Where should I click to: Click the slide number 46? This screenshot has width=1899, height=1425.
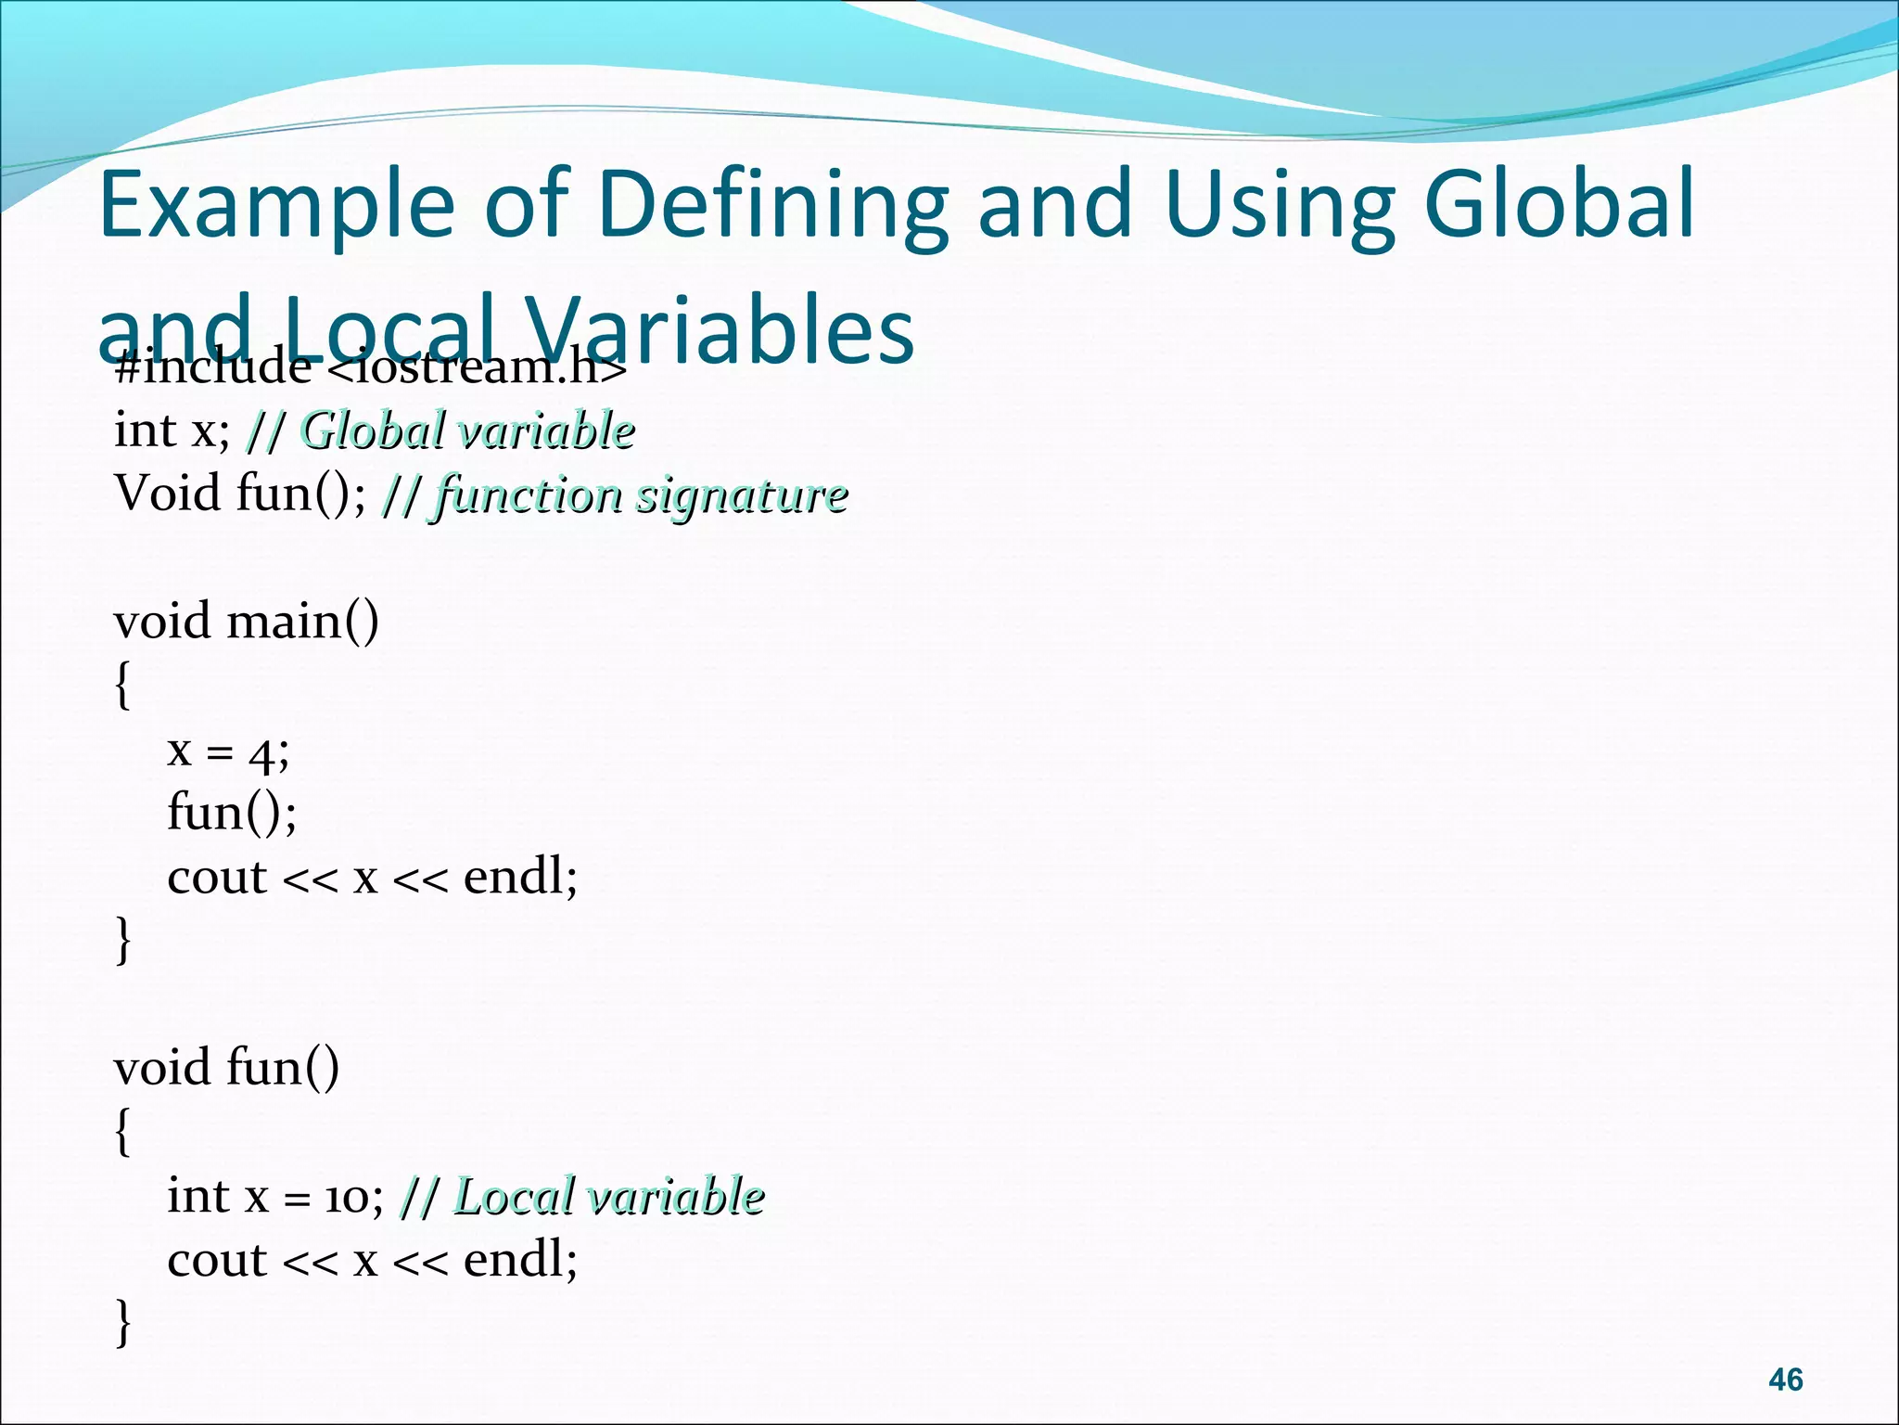(1785, 1380)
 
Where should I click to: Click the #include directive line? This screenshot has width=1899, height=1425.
(371, 369)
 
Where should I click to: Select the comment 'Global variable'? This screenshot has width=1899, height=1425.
(467, 430)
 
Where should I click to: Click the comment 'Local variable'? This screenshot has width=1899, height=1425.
(608, 1196)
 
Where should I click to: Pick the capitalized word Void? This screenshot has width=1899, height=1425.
(168, 492)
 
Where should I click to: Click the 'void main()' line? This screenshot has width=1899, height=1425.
(246, 621)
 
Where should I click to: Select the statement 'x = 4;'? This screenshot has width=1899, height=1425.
(228, 751)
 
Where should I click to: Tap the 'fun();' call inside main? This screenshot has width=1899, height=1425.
(232, 813)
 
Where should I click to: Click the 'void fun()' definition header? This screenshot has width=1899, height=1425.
(226, 1067)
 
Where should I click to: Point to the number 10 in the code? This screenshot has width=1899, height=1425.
(347, 1198)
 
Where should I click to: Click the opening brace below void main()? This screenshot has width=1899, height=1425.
(122, 687)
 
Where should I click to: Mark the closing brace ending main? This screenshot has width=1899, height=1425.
(122, 941)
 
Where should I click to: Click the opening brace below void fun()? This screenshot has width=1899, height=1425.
(122, 1132)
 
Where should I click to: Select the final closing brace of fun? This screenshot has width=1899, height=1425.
(122, 1323)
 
